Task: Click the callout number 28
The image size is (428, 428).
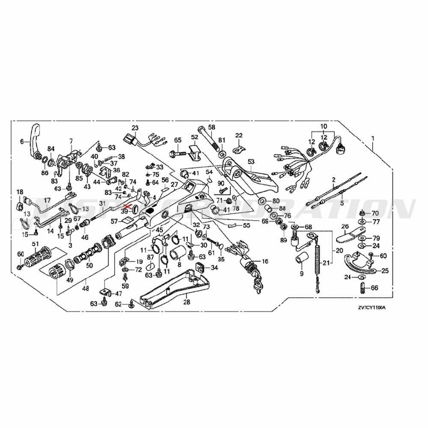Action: (x=186, y=302)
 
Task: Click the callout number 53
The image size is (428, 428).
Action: (x=251, y=161)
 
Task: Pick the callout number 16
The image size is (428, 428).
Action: (x=265, y=261)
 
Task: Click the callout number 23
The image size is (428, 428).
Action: (x=135, y=128)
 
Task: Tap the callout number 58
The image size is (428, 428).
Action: (x=211, y=128)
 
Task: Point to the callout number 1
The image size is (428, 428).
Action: (x=373, y=138)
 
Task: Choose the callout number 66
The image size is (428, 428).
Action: (x=374, y=288)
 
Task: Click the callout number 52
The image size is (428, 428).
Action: (x=195, y=137)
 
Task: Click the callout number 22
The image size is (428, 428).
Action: (x=238, y=136)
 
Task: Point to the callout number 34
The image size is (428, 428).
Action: (x=214, y=268)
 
